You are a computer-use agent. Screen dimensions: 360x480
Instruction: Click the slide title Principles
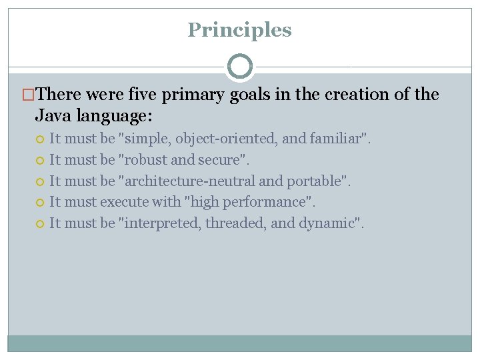coord(239,30)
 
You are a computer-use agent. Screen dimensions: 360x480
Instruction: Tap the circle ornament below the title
coord(240,67)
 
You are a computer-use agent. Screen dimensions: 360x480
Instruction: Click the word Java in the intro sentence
coord(53,116)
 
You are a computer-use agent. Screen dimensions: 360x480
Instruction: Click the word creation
coord(358,95)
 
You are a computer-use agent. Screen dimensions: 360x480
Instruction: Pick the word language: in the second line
coord(114,116)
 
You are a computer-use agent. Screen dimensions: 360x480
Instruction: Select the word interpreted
coord(161,223)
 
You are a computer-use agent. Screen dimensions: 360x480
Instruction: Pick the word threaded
coord(236,223)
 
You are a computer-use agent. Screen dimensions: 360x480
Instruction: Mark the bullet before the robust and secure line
coord(40,160)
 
